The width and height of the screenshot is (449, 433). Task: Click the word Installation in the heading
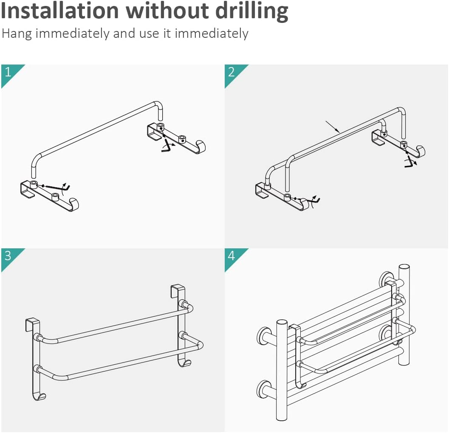59,11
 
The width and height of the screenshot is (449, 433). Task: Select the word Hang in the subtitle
16,34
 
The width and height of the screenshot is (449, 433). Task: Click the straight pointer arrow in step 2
333,127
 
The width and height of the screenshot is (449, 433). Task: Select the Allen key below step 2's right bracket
411,162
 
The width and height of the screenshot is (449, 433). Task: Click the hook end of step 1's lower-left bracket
74,205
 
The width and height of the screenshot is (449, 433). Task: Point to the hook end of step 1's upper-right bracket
201,146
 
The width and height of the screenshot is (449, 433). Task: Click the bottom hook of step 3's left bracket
40,396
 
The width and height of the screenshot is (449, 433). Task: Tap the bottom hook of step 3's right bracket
184,363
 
